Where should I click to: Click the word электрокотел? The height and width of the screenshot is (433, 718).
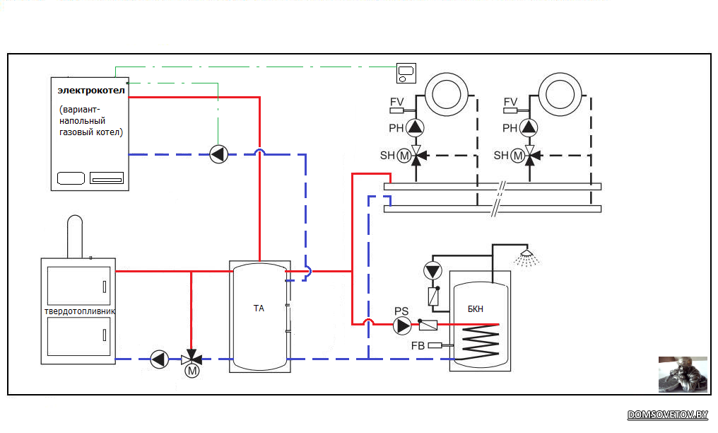pos(91,91)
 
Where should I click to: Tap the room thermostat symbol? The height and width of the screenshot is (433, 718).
pos(406,74)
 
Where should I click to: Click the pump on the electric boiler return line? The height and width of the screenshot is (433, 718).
pos(219,154)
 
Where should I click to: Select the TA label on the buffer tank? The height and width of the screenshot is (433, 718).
pos(259,308)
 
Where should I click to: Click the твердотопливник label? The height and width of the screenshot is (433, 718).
pos(80,311)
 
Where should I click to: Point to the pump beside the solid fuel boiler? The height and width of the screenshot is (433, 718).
pos(159,359)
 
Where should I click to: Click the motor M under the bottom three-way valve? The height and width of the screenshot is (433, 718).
pos(192,371)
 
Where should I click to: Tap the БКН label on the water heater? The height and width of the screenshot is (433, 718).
pos(476,308)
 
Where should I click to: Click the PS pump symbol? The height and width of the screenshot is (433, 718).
pos(402,325)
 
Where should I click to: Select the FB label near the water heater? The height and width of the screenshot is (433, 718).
pos(418,345)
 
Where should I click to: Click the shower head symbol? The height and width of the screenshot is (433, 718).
pos(526,258)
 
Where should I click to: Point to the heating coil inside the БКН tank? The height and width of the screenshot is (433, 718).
pos(480,341)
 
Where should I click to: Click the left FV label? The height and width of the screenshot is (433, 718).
pos(397,102)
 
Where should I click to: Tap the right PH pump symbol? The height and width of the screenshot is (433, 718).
pos(529,127)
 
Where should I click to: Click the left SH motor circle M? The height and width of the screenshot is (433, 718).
pos(404,156)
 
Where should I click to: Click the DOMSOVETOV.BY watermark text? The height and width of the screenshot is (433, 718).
pos(668,415)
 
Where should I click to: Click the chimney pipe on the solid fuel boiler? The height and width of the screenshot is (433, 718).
pos(75,236)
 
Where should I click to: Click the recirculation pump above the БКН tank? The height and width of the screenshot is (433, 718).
pos(432,271)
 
